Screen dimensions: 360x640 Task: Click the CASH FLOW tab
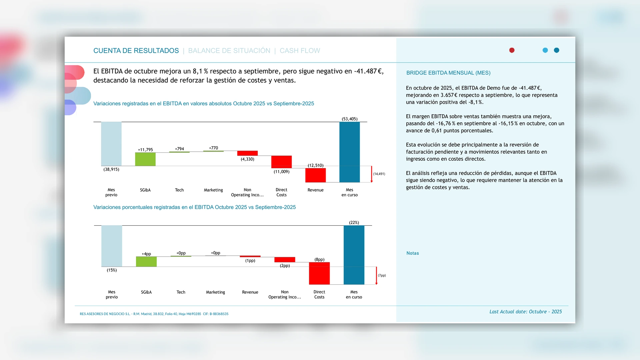click(300, 51)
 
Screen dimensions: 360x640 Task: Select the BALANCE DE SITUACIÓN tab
click(229, 51)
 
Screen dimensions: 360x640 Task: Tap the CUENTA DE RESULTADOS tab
click(136, 51)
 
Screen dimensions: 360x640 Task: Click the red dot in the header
click(512, 50)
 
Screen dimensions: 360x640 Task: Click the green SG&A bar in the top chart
click(145, 159)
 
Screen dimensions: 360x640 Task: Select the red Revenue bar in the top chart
click(315, 175)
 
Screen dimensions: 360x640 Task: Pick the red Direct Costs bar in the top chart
click(281, 162)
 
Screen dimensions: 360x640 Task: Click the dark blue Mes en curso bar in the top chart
click(349, 152)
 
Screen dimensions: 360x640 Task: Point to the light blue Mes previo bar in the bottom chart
click(112, 246)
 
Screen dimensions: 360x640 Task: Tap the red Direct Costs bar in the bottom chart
click(319, 273)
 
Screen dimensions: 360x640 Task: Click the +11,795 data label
click(145, 150)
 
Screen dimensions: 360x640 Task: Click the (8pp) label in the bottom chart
click(319, 259)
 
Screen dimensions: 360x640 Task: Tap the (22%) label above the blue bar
click(354, 222)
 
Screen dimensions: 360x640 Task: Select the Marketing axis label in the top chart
click(213, 190)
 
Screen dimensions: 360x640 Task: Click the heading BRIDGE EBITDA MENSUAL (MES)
click(448, 73)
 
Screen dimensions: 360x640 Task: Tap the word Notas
click(413, 253)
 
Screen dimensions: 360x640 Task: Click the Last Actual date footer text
click(525, 312)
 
